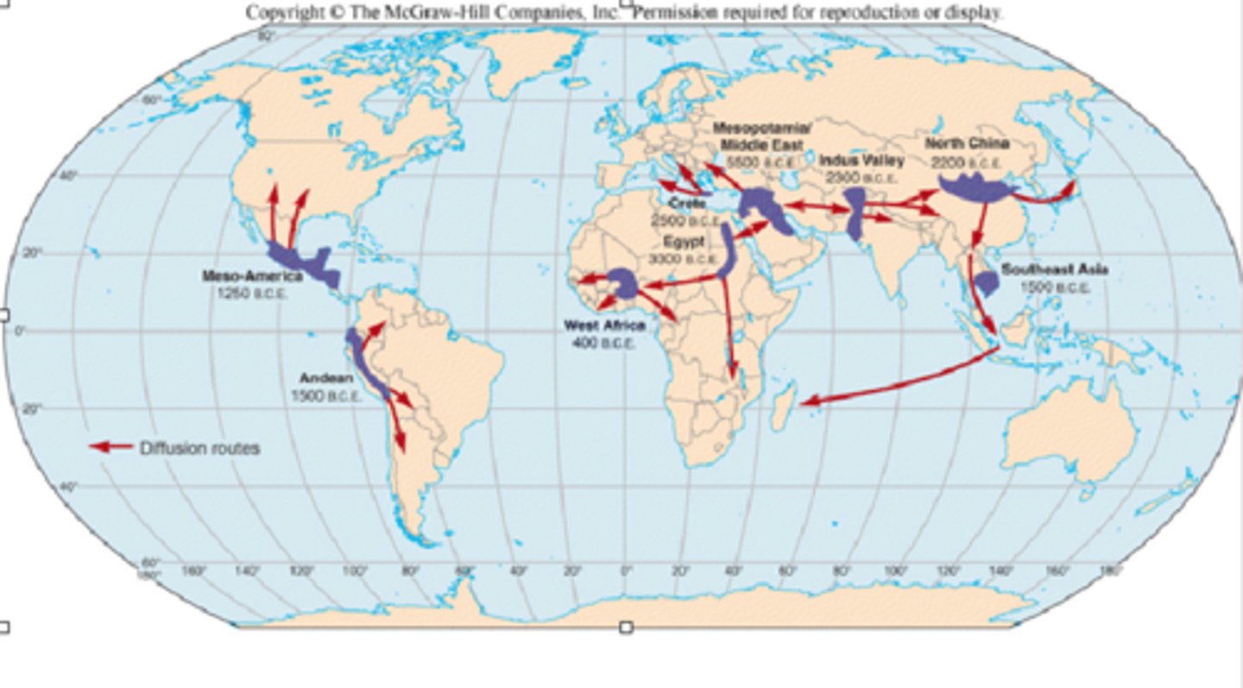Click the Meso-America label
tap(252, 276)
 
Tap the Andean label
tap(326, 378)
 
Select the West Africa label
tap(604, 325)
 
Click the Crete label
tap(687, 204)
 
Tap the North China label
tap(967, 143)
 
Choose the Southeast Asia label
tap(1055, 270)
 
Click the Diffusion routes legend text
tap(199, 448)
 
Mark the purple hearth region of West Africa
tap(622, 283)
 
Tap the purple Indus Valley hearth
tap(855, 212)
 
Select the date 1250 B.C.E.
tap(252, 293)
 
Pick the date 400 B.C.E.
tap(603, 342)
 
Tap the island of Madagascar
tap(782, 408)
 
